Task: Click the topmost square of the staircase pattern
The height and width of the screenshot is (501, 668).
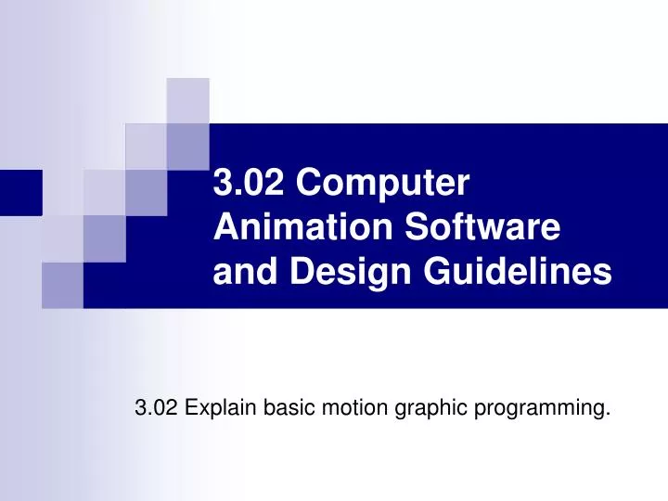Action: [x=188, y=100]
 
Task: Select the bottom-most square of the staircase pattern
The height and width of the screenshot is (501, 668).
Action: [x=62, y=284]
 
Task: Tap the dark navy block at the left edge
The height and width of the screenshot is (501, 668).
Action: [x=20, y=193]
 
